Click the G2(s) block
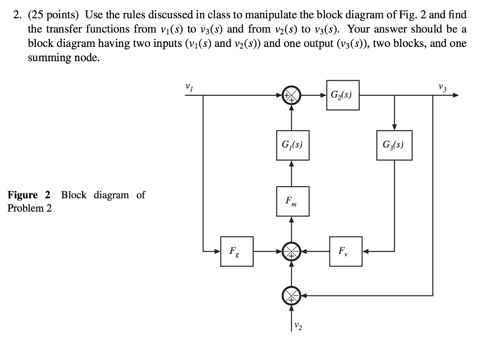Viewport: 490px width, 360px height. point(343,95)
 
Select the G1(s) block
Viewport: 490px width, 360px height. point(292,145)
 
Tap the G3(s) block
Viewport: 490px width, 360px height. point(394,145)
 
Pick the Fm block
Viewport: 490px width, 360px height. point(292,202)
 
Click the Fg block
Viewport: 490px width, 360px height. point(236,250)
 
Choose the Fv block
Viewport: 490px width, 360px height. point(345,250)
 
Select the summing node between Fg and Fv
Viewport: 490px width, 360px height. point(292,251)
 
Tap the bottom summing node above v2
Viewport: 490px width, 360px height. point(292,295)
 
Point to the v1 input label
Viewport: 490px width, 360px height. point(189,87)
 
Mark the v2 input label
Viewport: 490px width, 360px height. point(298,326)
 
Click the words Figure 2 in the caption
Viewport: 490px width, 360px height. point(29,195)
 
